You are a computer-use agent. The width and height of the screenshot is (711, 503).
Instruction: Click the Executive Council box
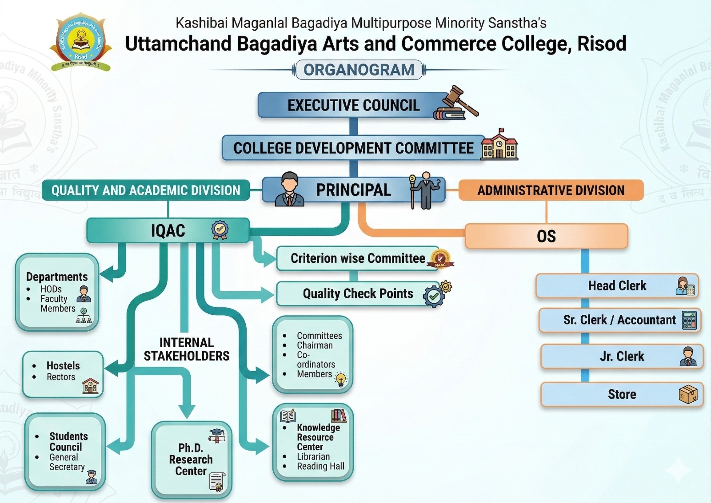click(x=353, y=105)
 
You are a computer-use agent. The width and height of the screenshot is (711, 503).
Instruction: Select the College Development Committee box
click(x=353, y=148)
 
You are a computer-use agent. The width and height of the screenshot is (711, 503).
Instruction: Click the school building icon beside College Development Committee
click(x=499, y=145)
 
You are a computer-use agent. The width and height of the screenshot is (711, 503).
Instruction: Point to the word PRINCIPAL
click(x=353, y=190)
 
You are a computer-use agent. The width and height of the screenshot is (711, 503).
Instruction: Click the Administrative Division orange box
click(x=551, y=190)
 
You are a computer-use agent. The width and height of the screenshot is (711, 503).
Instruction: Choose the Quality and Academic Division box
click(x=145, y=190)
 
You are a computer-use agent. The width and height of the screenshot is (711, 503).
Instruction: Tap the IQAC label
click(x=168, y=231)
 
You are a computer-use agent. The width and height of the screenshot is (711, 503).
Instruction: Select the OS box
click(x=546, y=236)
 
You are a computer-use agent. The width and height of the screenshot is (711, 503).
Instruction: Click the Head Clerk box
click(x=617, y=286)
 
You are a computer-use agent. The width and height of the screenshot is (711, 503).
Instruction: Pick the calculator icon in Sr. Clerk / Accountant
click(x=689, y=320)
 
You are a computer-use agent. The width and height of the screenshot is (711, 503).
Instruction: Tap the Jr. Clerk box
click(x=621, y=356)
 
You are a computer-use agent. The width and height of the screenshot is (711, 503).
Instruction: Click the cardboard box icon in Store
click(x=688, y=394)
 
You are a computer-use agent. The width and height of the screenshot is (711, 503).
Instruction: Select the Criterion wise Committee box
click(x=358, y=258)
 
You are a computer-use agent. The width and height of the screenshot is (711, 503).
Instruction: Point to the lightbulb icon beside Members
click(x=341, y=380)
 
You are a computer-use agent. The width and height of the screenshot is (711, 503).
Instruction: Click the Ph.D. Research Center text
click(x=191, y=459)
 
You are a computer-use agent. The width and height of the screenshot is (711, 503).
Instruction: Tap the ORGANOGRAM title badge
click(x=359, y=70)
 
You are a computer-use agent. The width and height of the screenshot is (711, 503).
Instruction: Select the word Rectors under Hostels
click(x=61, y=377)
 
